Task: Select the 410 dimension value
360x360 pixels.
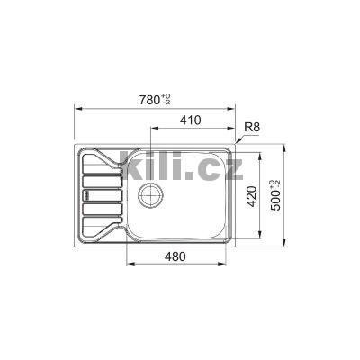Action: click(x=188, y=121)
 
